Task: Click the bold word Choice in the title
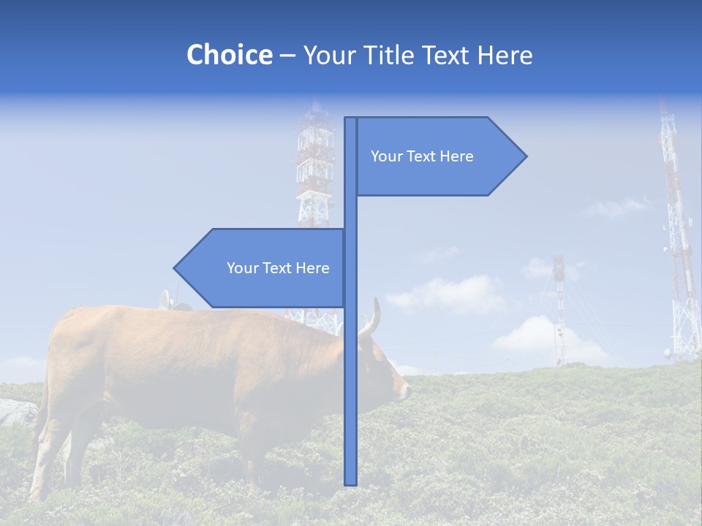(229, 55)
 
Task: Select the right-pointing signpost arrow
(439, 156)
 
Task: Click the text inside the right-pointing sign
(422, 156)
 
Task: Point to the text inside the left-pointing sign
(278, 268)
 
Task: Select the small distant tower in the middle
(559, 307)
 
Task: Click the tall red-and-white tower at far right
(679, 241)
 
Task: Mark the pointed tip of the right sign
(525, 156)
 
